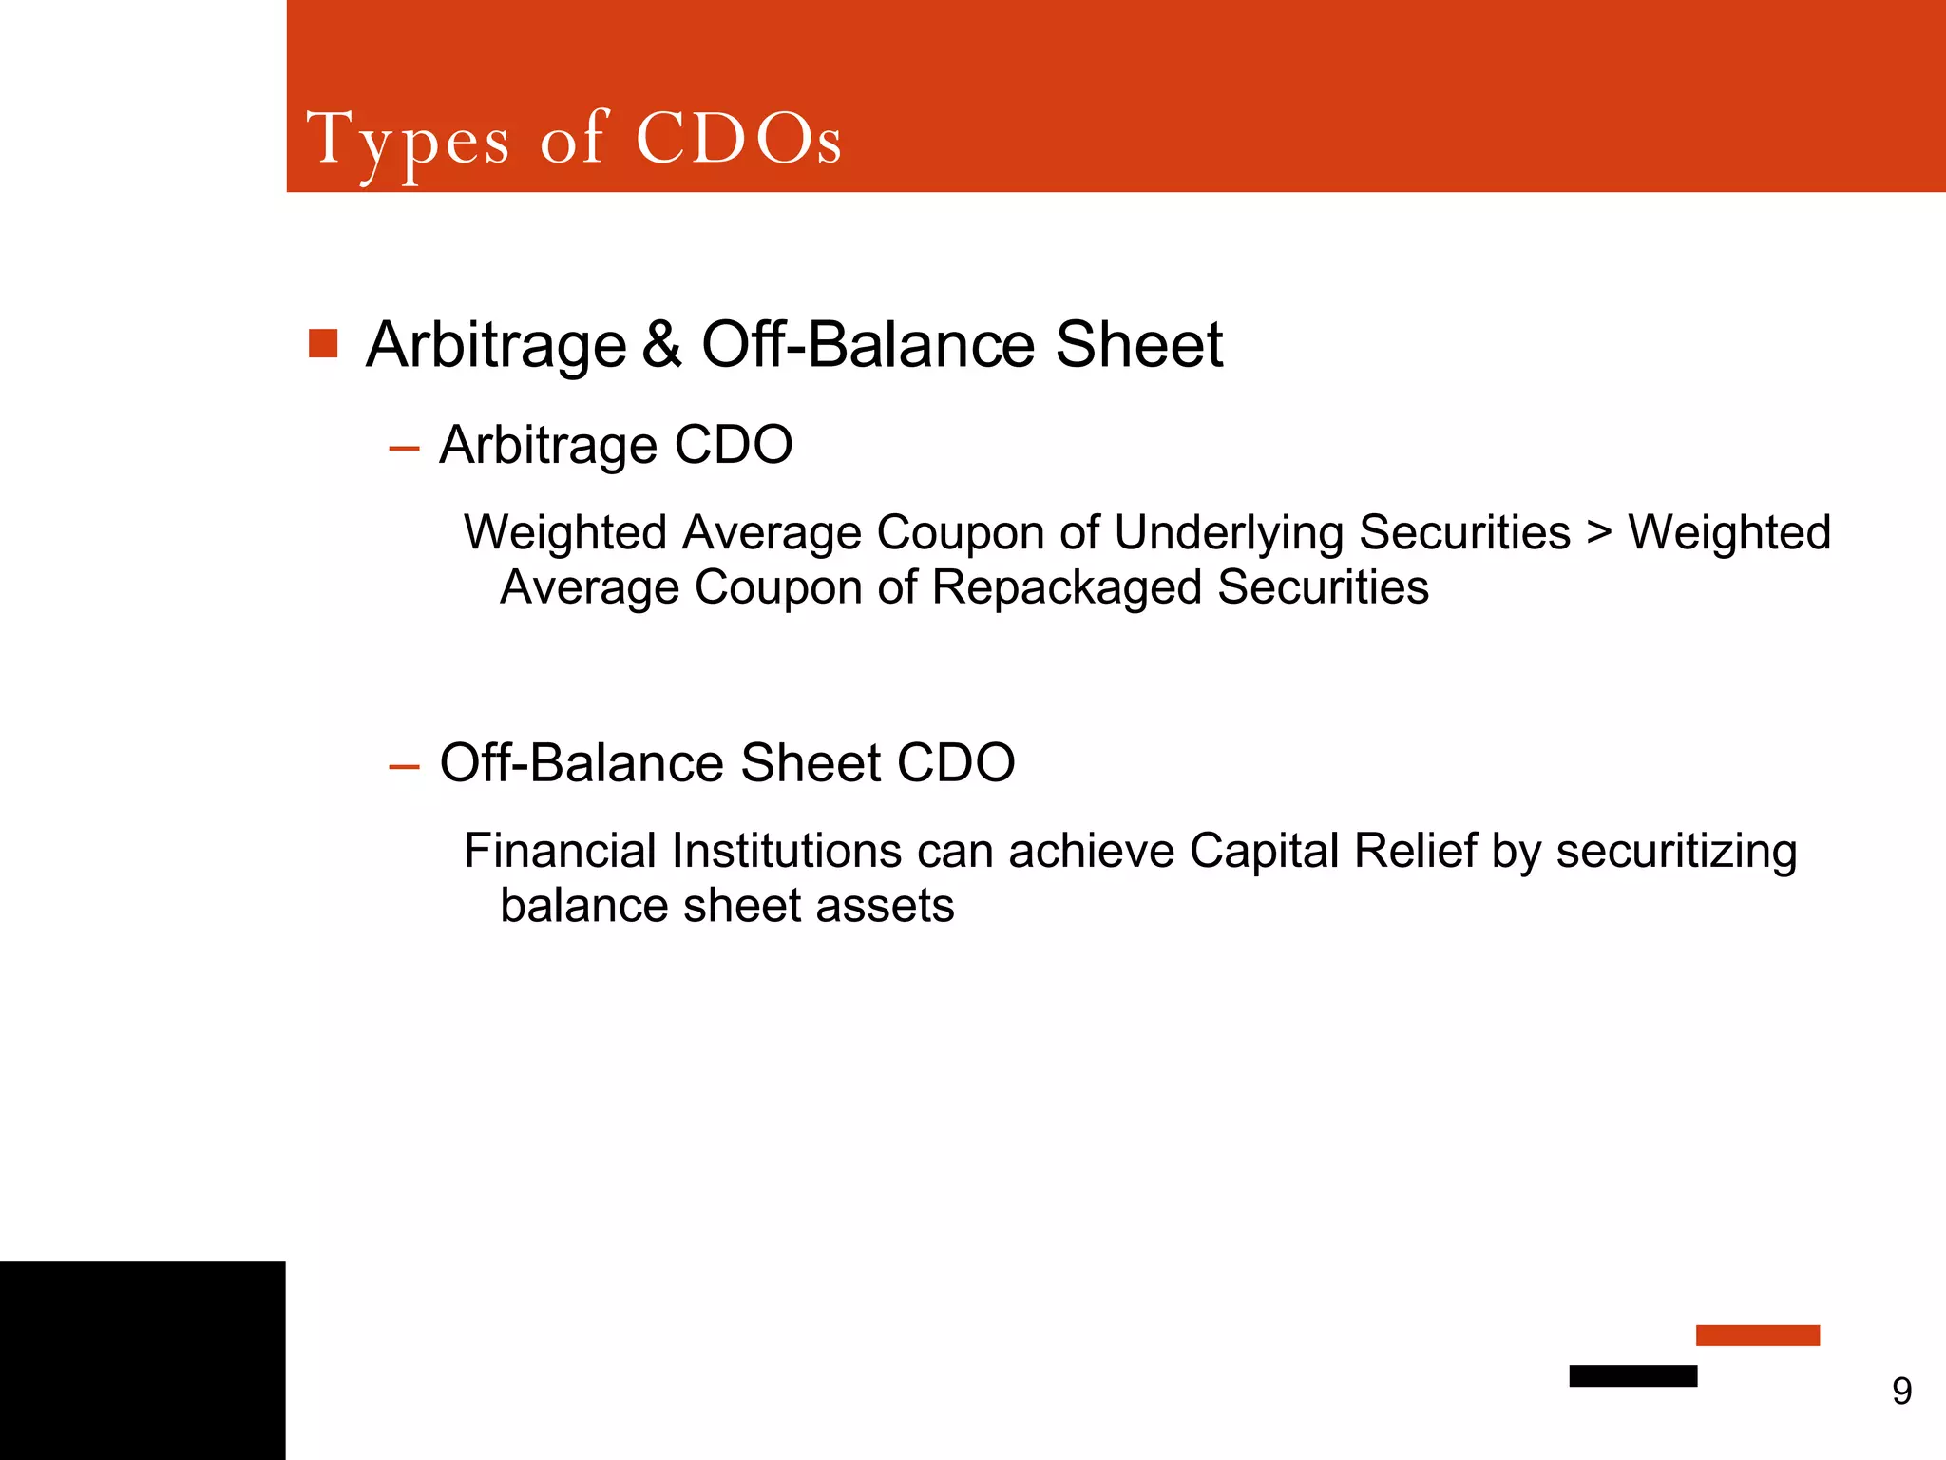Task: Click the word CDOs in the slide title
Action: coord(738,140)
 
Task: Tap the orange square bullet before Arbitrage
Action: coord(323,343)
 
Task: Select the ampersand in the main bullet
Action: coord(662,344)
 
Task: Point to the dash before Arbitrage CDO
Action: coord(404,448)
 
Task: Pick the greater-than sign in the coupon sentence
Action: coord(1599,532)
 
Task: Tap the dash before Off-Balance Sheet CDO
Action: coord(404,766)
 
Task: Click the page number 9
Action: coord(1901,1392)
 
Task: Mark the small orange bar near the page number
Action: coord(1757,1335)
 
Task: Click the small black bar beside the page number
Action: coord(1632,1375)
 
